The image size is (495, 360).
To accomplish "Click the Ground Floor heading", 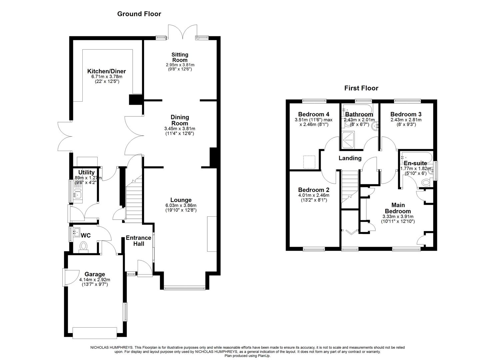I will (139, 14).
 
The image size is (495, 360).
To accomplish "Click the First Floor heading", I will (361, 88).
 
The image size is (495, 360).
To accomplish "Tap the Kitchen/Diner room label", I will (106, 71).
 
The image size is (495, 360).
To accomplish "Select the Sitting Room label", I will (180, 57).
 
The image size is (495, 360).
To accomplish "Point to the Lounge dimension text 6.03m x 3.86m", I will (181, 205).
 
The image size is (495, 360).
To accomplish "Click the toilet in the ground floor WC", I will (83, 246).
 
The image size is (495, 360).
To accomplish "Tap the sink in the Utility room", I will (78, 194).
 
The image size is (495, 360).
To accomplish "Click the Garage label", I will (95, 274).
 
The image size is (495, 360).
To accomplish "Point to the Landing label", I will (350, 158).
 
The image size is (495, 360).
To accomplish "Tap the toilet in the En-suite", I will (425, 182).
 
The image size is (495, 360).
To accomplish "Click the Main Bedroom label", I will (398, 208).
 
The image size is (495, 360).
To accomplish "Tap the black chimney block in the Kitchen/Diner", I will (136, 100).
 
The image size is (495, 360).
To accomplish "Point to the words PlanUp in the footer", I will (263, 356).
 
